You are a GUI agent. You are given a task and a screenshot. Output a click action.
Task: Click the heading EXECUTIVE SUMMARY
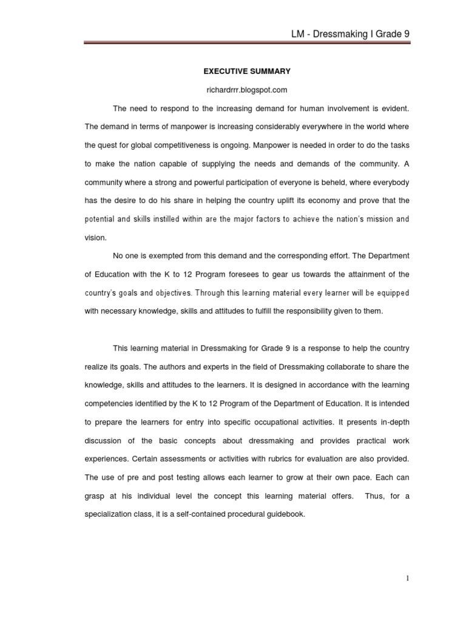pos(247,72)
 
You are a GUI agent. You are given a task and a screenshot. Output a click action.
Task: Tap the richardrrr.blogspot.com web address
pos(247,90)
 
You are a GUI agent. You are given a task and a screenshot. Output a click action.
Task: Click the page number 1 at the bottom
pos(408,579)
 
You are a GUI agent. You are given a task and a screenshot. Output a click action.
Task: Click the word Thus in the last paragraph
pos(374,496)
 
